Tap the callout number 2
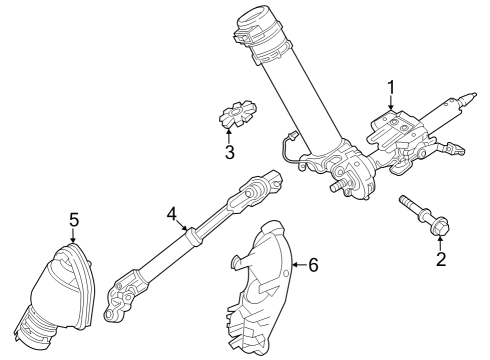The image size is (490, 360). tap(439, 262)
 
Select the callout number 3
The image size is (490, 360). tap(229, 153)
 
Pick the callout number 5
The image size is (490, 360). tap(73, 218)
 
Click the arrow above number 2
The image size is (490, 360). tap(439, 244)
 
